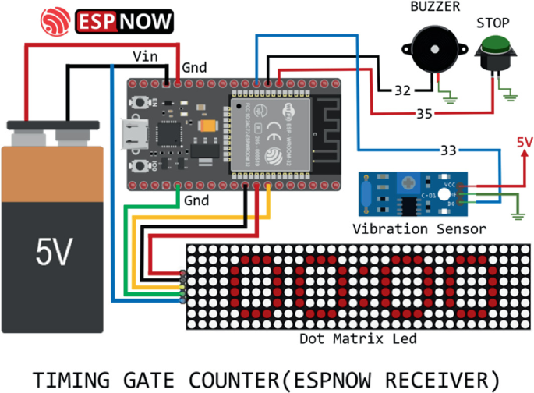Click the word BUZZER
click(435, 8)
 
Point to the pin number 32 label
click(402, 90)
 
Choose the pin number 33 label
click(447, 149)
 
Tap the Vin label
click(145, 56)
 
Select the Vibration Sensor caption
click(419, 228)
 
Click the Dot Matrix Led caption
click(358, 338)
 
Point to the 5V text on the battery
click(55, 251)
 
